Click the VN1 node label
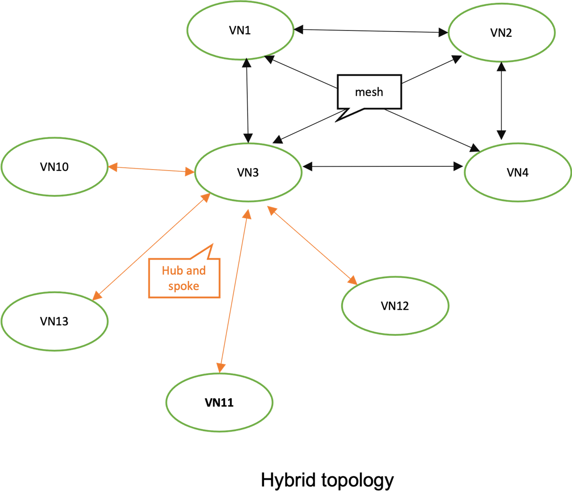(x=240, y=30)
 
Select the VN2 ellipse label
(x=501, y=33)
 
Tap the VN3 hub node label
(x=248, y=172)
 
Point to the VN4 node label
(x=518, y=172)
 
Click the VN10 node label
(x=54, y=167)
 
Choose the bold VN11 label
(x=219, y=403)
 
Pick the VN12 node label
(x=395, y=306)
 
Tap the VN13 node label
(x=54, y=321)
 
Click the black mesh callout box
(x=369, y=92)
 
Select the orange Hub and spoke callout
(x=184, y=278)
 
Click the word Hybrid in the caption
(x=288, y=480)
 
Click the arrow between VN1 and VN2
(x=371, y=31)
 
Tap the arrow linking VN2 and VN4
(x=501, y=100)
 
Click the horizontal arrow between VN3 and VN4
(x=383, y=166)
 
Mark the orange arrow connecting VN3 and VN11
(x=234, y=291)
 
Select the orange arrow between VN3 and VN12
(x=312, y=245)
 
